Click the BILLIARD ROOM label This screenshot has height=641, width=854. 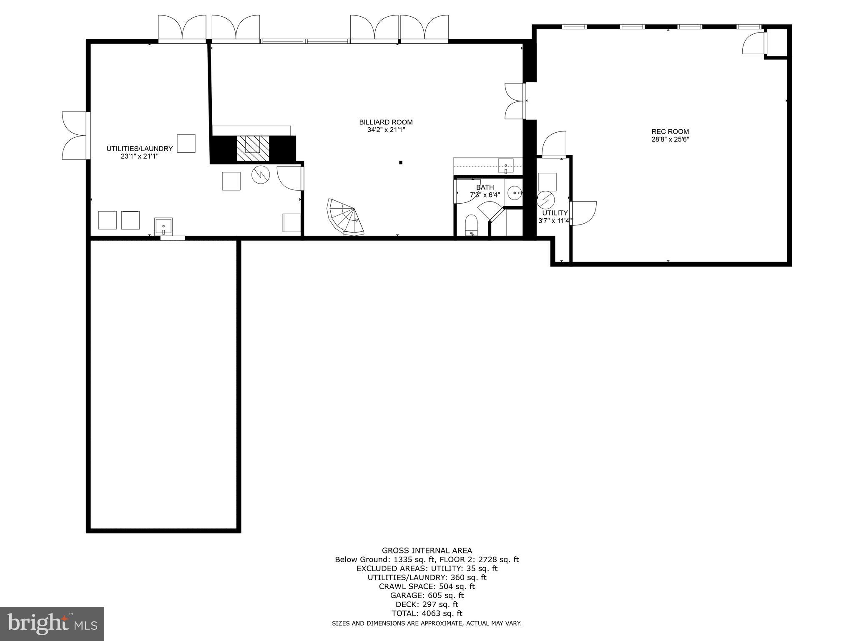coord(386,122)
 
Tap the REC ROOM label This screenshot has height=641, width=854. coord(670,131)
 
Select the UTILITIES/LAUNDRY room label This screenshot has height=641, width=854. coord(139,149)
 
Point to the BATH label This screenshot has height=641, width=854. coord(485,187)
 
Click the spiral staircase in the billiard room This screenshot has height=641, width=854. coord(345,217)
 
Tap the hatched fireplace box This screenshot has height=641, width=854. coord(253,148)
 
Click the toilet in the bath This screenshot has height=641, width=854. coord(471,225)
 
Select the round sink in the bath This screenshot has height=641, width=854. coord(515,193)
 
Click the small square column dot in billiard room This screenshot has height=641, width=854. coord(401,162)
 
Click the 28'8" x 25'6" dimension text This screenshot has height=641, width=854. coord(670,140)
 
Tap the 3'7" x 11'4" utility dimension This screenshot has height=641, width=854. coord(555,221)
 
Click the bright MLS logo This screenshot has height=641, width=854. coord(52,624)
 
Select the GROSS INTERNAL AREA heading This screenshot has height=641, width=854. coord(427,550)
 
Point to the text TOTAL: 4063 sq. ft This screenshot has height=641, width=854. coord(427,613)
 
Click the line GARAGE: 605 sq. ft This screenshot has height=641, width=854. coord(427,595)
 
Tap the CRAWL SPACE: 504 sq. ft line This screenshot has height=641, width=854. coord(427,586)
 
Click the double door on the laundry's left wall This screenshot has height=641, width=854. coord(75,135)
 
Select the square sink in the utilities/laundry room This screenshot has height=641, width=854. coord(164,226)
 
